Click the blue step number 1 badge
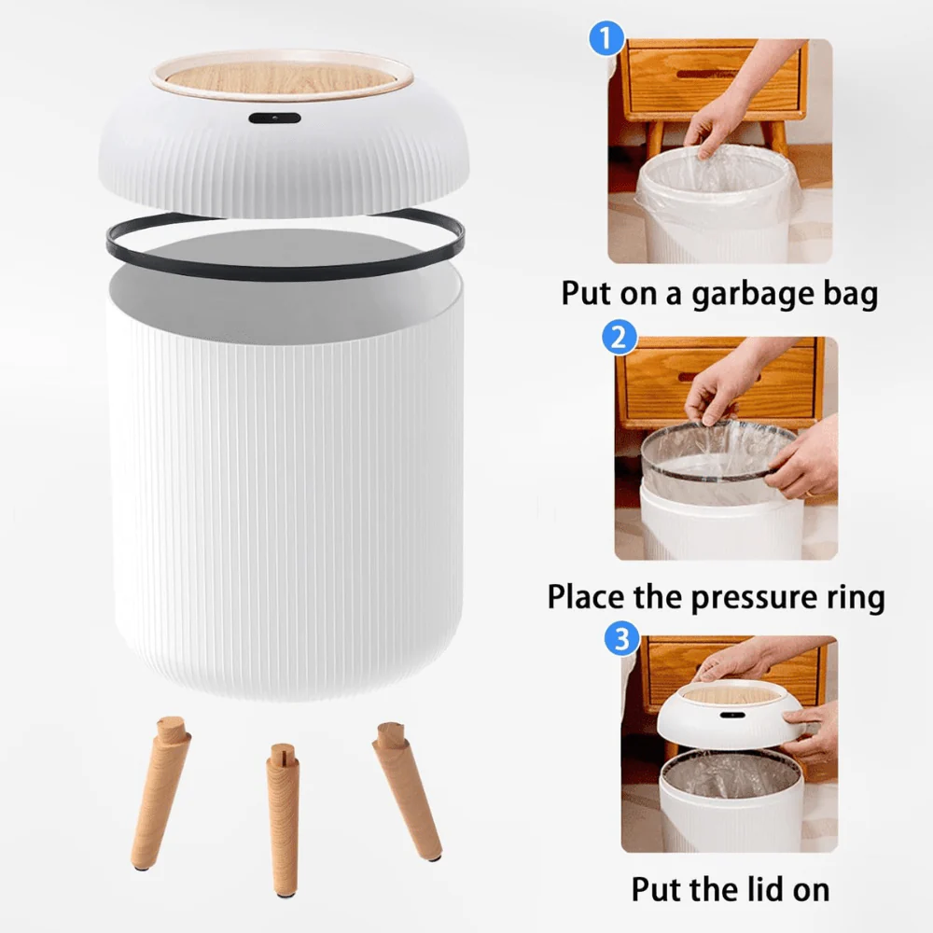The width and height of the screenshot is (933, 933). coord(607,39)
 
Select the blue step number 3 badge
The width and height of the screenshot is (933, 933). coord(622,639)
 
